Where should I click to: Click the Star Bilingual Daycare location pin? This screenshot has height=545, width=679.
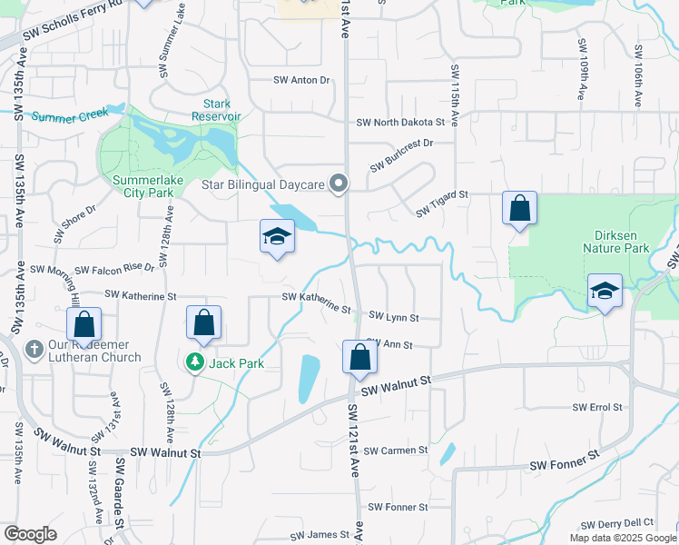[339, 184]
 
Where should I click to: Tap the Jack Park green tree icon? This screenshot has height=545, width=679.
[194, 363]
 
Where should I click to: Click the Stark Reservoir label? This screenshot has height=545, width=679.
[216, 110]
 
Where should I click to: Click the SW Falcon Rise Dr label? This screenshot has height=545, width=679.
[115, 269]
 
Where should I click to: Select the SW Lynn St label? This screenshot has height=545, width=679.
[394, 318]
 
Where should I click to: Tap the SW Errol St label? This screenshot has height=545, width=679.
[597, 408]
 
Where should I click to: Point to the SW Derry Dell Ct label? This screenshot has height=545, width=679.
[617, 523]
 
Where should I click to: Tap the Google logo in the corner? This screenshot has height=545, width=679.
[30, 534]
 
